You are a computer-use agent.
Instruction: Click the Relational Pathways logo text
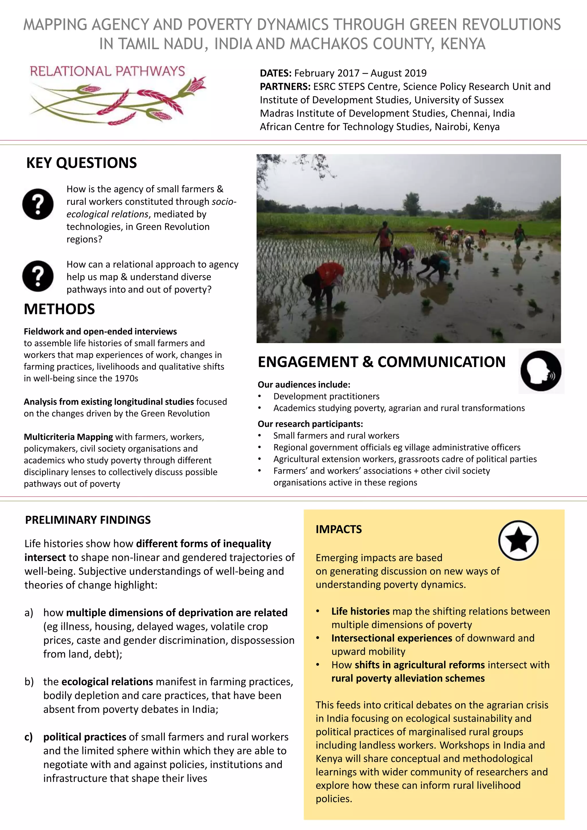[x=107, y=71]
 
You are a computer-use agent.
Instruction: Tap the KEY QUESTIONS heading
[x=82, y=163]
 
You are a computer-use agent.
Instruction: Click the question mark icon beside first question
[x=38, y=204]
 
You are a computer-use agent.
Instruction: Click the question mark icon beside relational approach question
[x=38, y=276]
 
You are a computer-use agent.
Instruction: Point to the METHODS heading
[x=59, y=310]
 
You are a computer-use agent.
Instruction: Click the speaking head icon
[x=541, y=371]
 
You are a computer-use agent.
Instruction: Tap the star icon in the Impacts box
[x=518, y=541]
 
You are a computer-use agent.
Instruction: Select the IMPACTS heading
[x=339, y=530]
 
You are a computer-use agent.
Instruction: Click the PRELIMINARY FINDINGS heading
[x=88, y=520]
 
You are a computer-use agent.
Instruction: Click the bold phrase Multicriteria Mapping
[x=68, y=437]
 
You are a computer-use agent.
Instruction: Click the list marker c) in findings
[x=29, y=737]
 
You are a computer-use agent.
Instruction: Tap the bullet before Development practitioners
[x=259, y=397]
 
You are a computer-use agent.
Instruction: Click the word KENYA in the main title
[x=463, y=44]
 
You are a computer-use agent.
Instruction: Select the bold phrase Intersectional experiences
[x=392, y=638]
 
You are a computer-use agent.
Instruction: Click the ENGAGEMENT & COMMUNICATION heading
[x=381, y=362]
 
